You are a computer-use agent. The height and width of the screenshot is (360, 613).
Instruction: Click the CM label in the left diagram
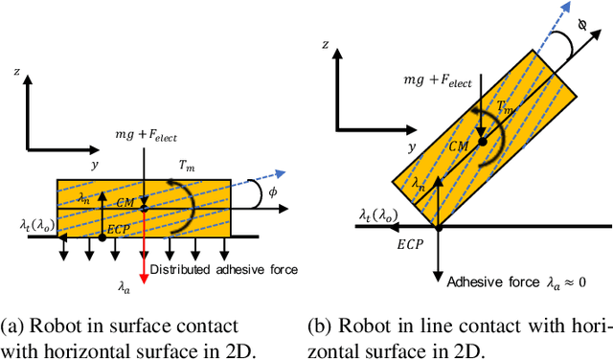[x=125, y=203]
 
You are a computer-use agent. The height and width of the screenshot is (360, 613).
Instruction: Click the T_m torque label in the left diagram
[x=188, y=164]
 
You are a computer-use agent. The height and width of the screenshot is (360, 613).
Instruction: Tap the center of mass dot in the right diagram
[x=481, y=141]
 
